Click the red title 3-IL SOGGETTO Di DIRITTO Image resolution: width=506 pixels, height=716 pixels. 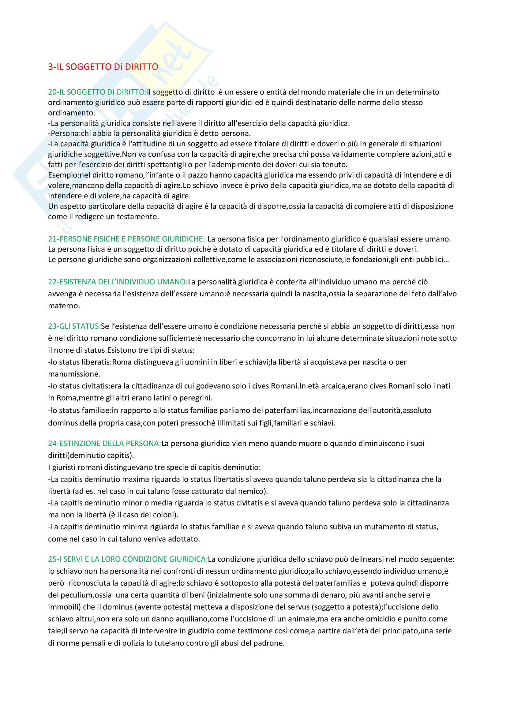coord(103,67)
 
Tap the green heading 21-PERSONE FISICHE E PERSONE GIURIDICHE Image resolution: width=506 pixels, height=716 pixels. coord(126,239)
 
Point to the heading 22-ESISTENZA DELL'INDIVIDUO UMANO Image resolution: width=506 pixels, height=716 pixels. coord(118,282)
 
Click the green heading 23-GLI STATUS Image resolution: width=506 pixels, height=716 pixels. coord(74,326)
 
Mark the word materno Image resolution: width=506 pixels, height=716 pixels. coord(63,306)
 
